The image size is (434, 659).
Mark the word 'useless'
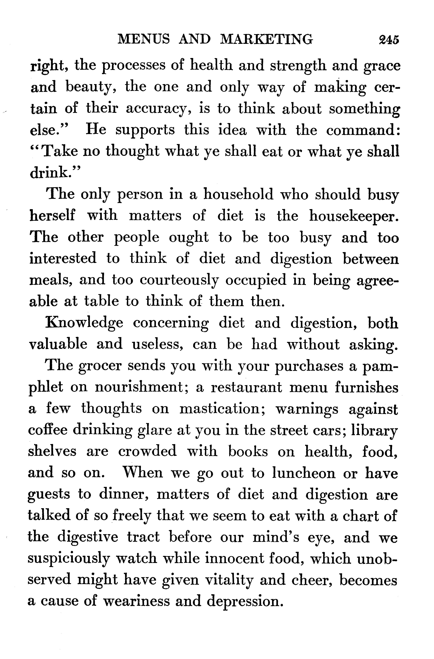point(157,345)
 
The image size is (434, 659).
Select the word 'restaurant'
point(246,387)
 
